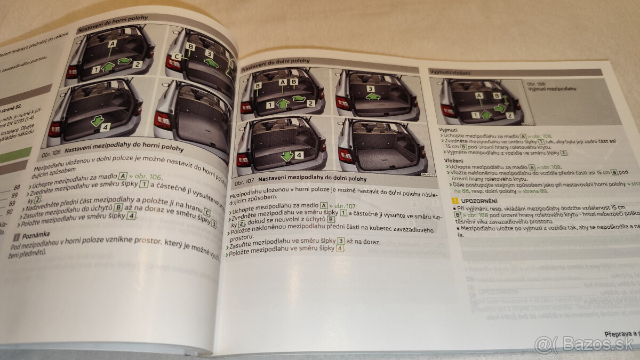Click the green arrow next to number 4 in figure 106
pyautogui.click(x=97, y=122)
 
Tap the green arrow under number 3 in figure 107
pyautogui.click(x=373, y=97)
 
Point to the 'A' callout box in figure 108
pyautogui.click(x=479, y=96)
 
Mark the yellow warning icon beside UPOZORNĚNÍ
pyautogui.click(x=454, y=201)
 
